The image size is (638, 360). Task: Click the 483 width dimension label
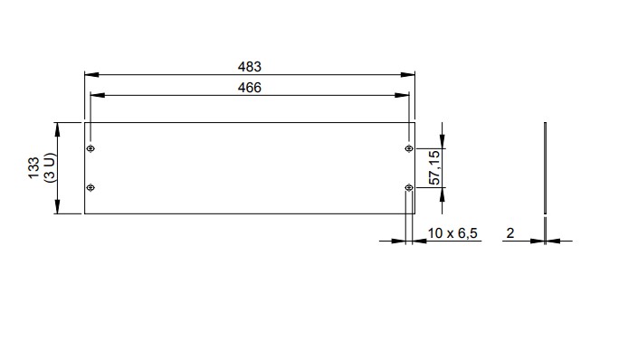pyautogui.click(x=250, y=67)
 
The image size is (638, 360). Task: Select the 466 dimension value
pyautogui.click(x=250, y=88)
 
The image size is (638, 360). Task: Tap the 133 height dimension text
pyautogui.click(x=33, y=167)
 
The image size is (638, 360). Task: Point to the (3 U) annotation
pyautogui.click(x=50, y=167)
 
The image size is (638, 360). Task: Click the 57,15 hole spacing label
pyautogui.click(x=434, y=167)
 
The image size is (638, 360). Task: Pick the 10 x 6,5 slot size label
pyautogui.click(x=452, y=233)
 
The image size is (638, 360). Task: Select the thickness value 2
pyautogui.click(x=510, y=233)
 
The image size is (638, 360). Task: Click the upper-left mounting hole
pyautogui.click(x=90, y=148)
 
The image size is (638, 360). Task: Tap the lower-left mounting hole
pyautogui.click(x=90, y=187)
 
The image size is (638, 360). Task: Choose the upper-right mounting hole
pyautogui.click(x=409, y=148)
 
